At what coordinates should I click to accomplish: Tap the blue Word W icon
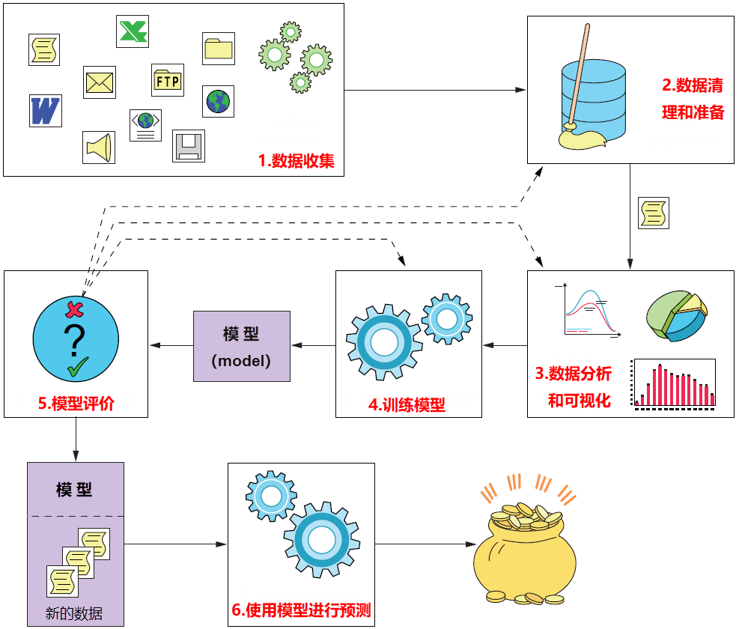[45, 110]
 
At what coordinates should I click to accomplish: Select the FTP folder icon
[167, 79]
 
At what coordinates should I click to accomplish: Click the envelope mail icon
[99, 82]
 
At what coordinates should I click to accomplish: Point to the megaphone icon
[99, 147]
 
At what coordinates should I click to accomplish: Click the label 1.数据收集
[296, 161]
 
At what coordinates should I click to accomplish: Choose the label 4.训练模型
[407, 405]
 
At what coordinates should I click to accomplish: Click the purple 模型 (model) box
[241, 346]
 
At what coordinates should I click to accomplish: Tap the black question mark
[75, 341]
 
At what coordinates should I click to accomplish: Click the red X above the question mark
[74, 309]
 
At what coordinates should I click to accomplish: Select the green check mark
[77, 368]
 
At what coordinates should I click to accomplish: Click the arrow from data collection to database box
[435, 91]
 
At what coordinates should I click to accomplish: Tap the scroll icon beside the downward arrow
[652, 213]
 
